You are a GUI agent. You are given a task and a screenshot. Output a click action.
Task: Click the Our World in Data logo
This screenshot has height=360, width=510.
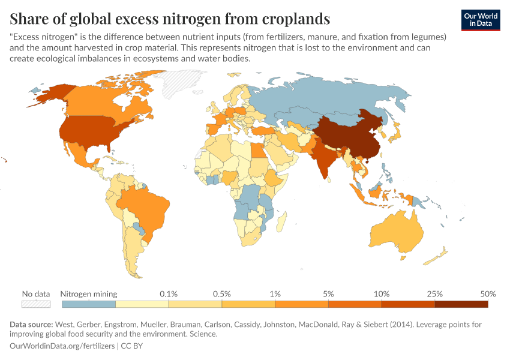coord(480,20)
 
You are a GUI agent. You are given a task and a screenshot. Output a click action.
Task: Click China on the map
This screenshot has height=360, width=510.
coord(348,135)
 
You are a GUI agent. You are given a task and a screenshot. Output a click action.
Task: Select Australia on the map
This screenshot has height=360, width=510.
coord(396,231)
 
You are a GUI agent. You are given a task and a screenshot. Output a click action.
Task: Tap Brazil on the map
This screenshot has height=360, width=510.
coord(144,207)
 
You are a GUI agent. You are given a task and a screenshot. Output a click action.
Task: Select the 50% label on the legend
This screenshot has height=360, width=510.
coord(488,294)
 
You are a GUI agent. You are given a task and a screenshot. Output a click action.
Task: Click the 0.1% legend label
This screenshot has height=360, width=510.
coord(169,294)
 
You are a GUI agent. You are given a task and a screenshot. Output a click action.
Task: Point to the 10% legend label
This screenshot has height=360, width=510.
coord(382,294)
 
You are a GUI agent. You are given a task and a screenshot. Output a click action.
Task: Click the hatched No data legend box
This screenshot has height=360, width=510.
coord(35,304)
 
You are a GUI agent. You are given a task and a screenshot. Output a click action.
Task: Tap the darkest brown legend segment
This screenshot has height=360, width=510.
coord(461,304)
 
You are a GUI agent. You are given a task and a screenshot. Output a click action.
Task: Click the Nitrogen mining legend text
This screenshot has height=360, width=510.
coord(89,294)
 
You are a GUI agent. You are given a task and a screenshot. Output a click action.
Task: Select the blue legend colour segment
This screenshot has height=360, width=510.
coord(89,304)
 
